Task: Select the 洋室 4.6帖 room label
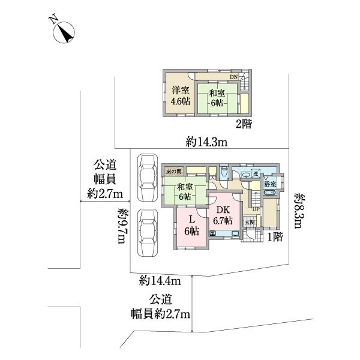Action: coord(179,97)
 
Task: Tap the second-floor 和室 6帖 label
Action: coord(217,97)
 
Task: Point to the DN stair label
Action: coord(234,77)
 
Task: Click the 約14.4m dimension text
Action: coord(160,280)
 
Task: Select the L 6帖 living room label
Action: coord(191,226)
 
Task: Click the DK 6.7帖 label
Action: coord(224,214)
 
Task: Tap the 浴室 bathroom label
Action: coord(271,184)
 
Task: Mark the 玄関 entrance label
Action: coord(249,222)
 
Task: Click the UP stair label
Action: coord(256,209)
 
